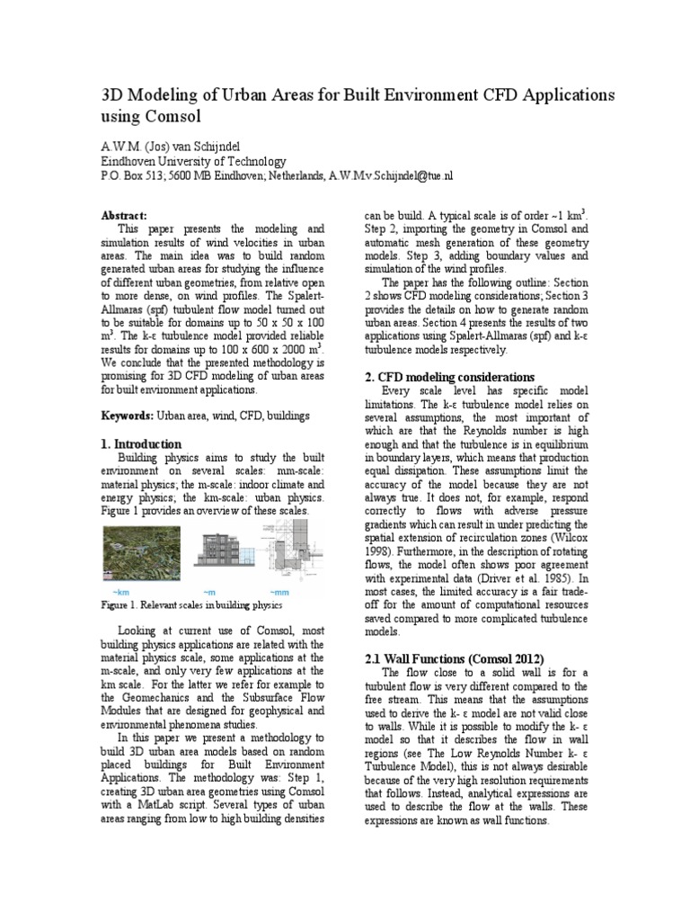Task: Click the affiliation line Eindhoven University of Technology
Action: click(x=192, y=161)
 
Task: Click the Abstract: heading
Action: click(x=123, y=217)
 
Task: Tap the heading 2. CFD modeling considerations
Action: click(x=447, y=377)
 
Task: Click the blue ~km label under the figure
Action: click(x=120, y=592)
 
